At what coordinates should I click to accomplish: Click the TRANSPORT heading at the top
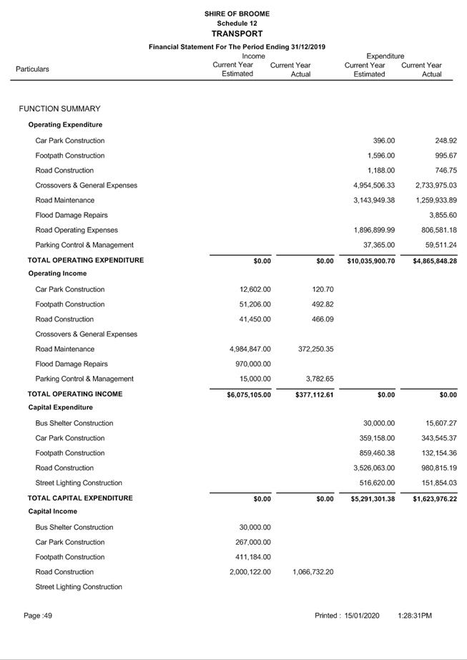[x=237, y=34]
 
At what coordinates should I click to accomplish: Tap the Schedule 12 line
[x=237, y=24]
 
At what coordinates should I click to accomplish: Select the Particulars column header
[x=33, y=69]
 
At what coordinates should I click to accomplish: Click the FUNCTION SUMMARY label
[x=59, y=109]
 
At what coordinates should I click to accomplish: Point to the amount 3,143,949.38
[x=374, y=200]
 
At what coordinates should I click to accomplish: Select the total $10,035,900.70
[x=371, y=261]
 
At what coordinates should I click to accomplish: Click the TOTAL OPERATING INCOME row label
[x=75, y=394]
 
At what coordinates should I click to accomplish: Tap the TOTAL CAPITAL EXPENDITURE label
[x=80, y=498]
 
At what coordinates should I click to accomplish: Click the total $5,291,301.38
[x=371, y=499]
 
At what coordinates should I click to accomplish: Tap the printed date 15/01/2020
[x=362, y=616]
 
